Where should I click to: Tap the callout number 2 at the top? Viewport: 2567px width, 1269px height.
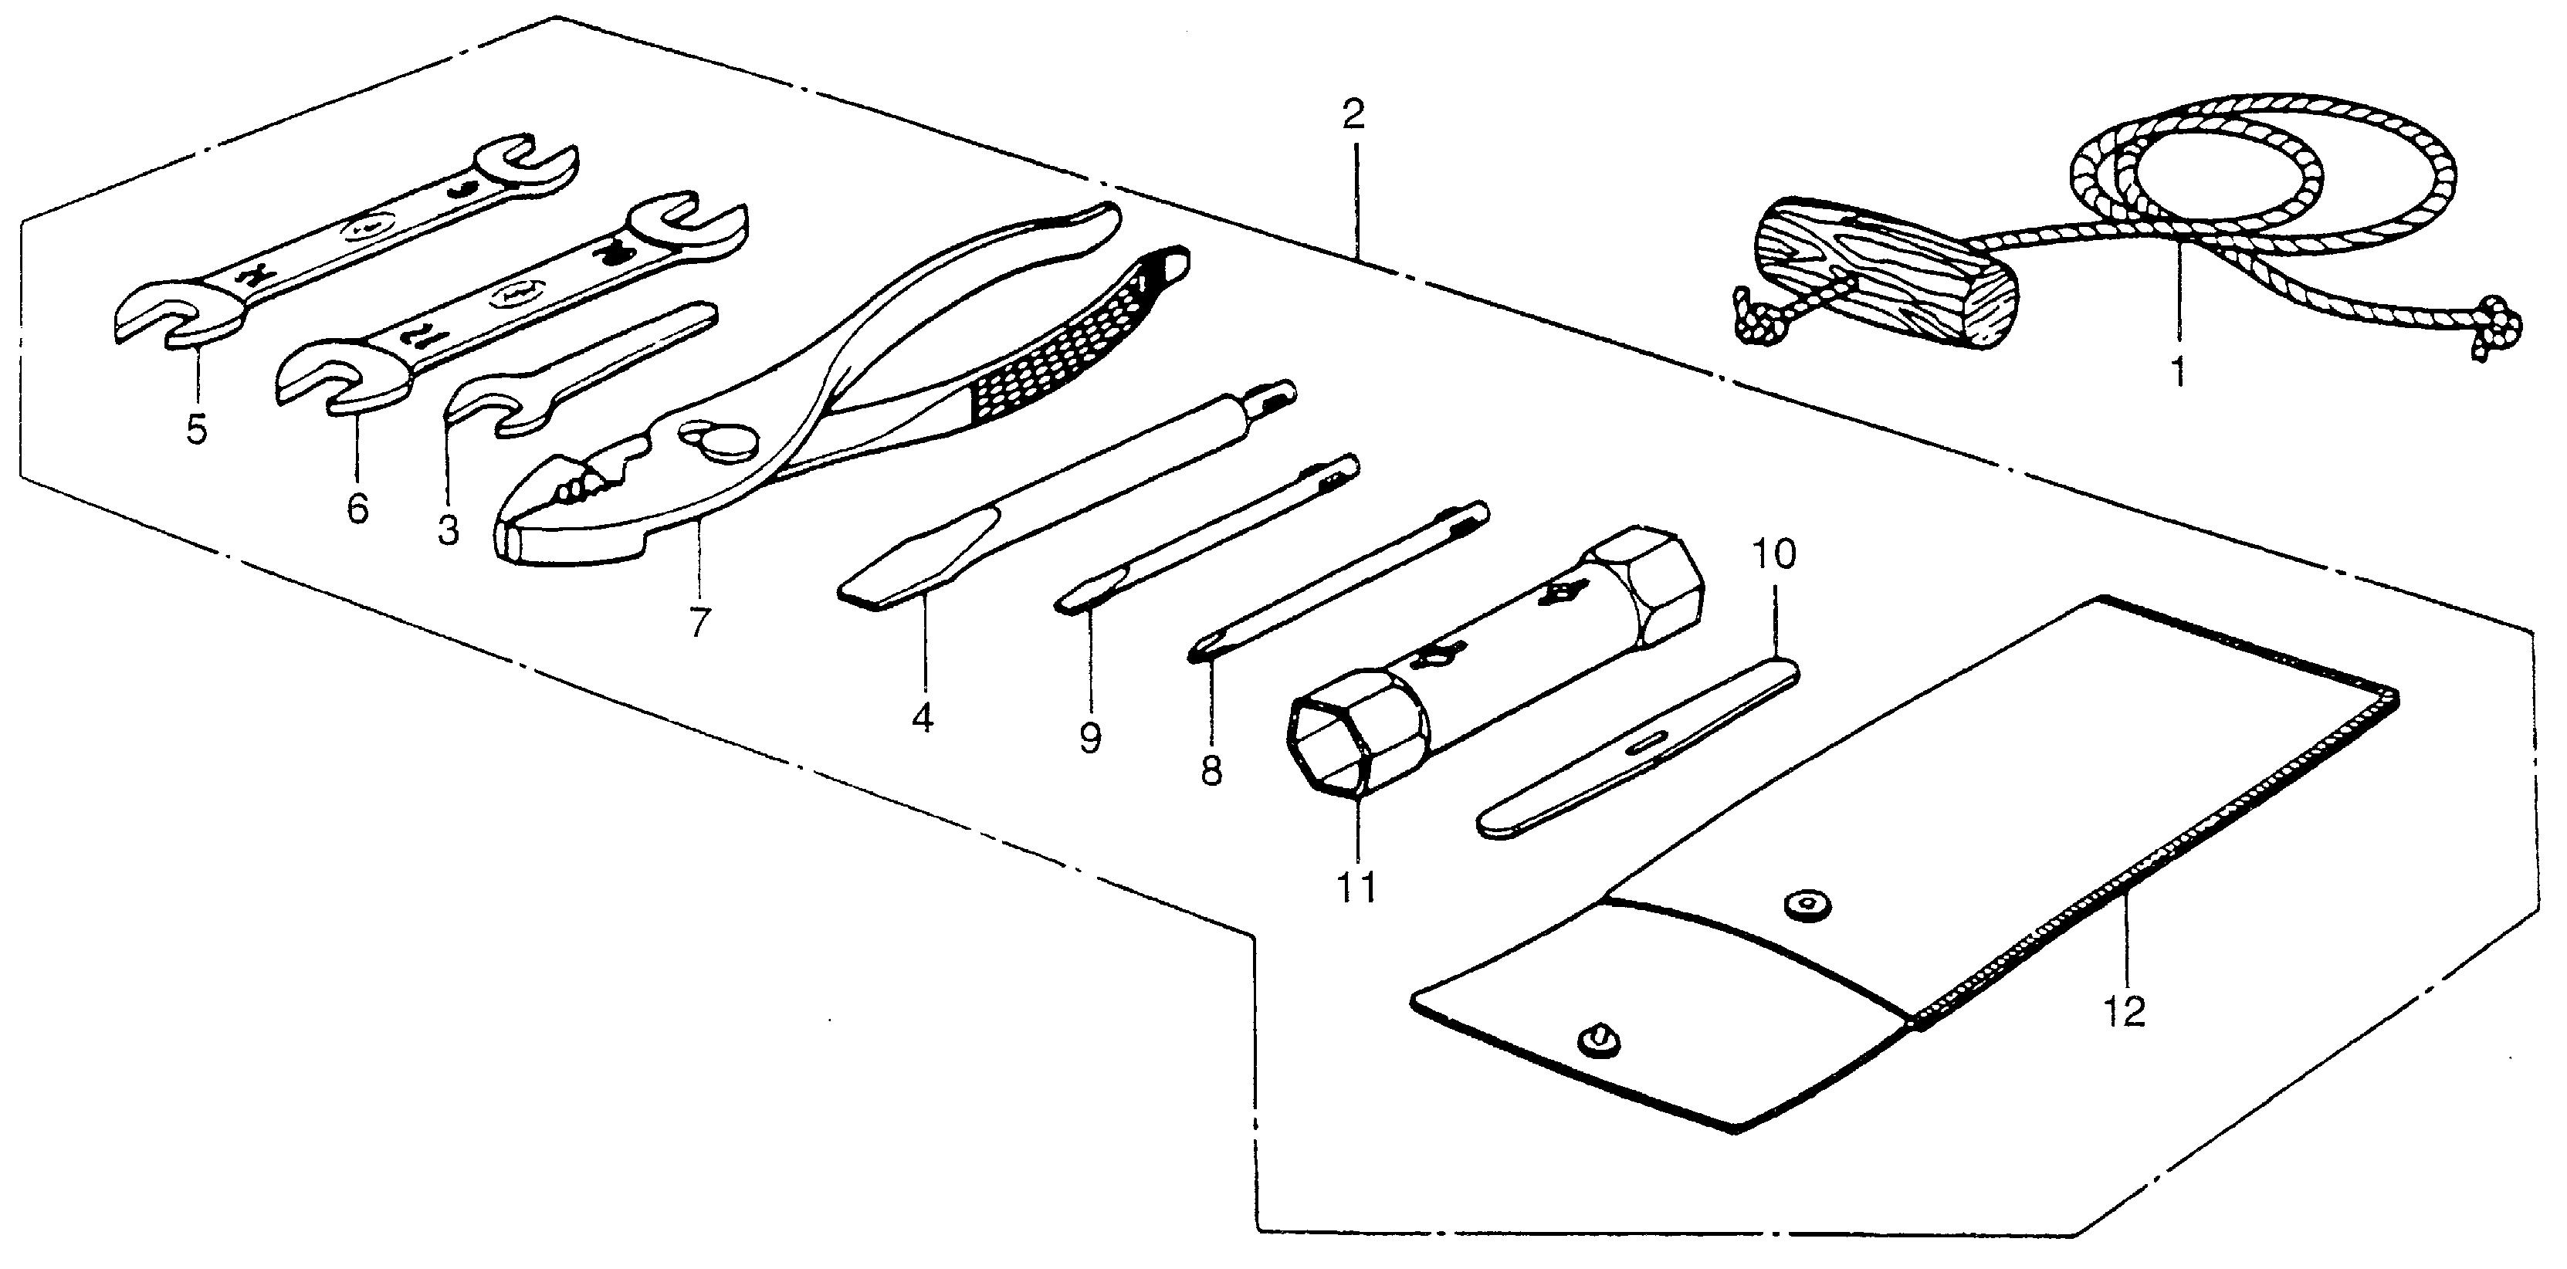point(1353,117)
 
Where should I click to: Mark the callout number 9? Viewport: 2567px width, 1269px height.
point(1090,739)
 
